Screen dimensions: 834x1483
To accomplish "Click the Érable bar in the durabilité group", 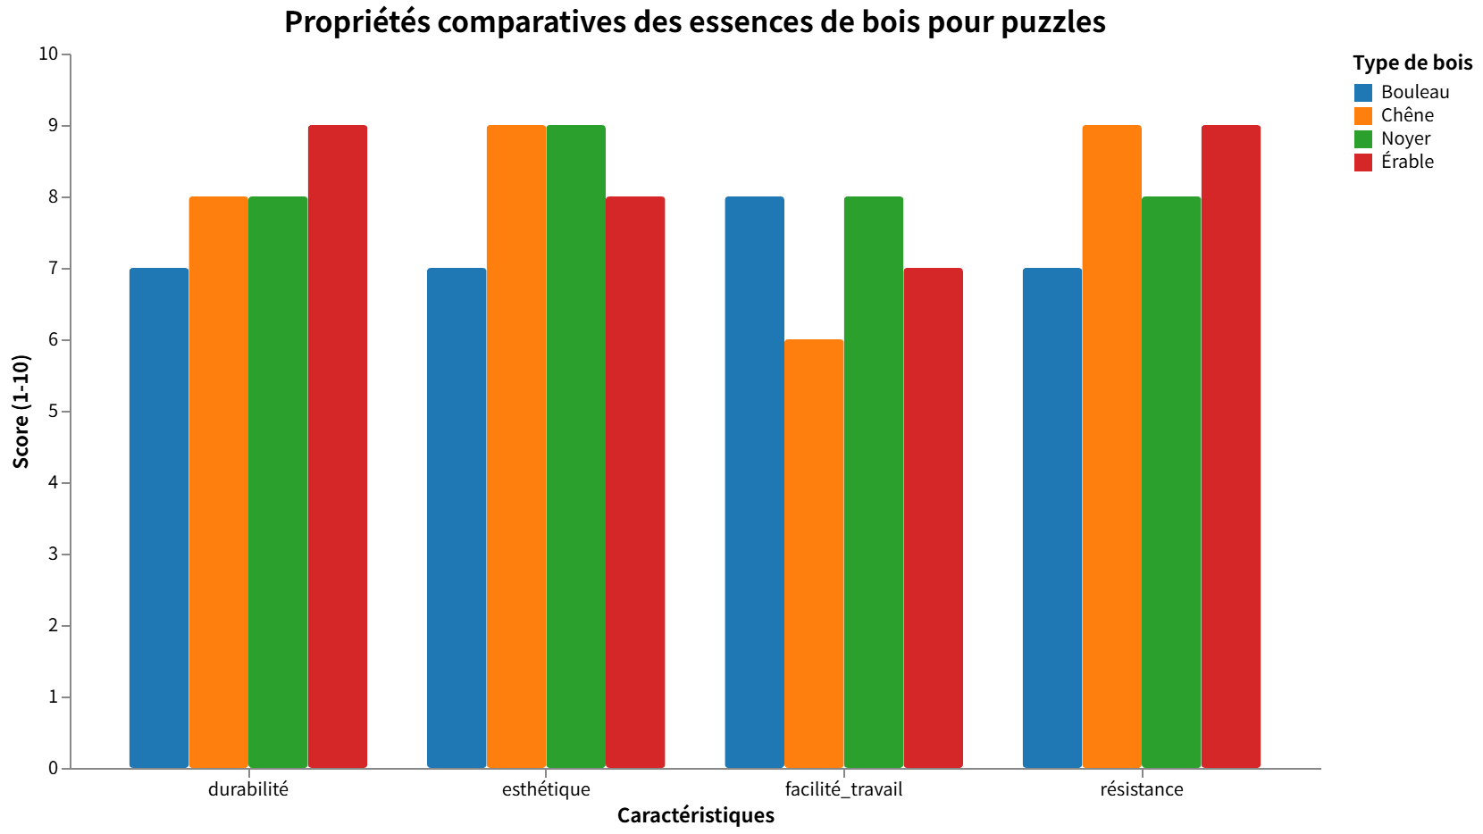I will (338, 446).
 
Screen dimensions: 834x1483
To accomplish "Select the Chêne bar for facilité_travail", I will (814, 554).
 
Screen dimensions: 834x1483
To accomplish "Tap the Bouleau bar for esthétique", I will (457, 518).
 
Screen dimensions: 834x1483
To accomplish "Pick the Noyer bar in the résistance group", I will (1171, 482).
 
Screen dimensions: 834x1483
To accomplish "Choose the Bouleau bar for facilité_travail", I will (754, 482).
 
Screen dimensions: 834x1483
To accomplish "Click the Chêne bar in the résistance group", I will (1111, 446).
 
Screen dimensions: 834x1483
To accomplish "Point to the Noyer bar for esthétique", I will (575, 446).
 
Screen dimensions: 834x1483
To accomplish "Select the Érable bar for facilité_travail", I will (933, 518).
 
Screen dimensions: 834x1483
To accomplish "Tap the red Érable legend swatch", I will (1363, 162).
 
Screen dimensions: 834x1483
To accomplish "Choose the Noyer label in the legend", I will (1405, 138).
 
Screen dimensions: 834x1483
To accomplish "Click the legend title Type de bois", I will (1412, 63).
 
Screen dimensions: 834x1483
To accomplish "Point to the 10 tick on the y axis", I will (48, 54).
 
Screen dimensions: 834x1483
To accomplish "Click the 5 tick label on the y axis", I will (53, 412).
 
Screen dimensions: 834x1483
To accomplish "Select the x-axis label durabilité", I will (248, 789).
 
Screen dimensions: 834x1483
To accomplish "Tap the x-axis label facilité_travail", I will (843, 789).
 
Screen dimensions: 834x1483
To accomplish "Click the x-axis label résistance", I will (1142, 789).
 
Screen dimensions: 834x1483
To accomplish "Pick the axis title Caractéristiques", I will (695, 815).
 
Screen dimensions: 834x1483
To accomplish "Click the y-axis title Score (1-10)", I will (21, 411).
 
